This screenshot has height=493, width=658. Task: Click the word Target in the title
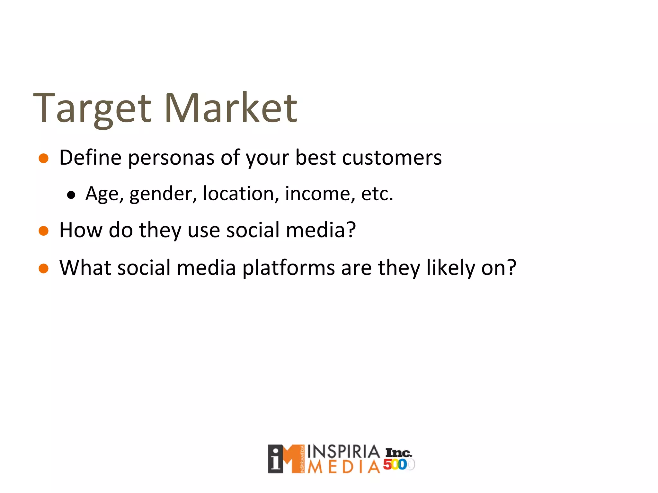(92, 109)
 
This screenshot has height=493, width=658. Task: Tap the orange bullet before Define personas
(43, 158)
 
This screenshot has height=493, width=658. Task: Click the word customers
(392, 158)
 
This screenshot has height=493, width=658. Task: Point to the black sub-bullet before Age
(71, 195)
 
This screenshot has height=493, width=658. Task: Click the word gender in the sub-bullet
(163, 194)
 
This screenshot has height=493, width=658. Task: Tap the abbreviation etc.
(377, 194)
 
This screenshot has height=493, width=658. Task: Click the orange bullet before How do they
(43, 231)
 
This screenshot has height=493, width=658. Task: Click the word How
(81, 230)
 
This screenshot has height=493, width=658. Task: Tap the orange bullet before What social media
(43, 268)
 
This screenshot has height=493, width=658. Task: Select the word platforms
(288, 268)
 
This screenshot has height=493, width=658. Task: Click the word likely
(450, 268)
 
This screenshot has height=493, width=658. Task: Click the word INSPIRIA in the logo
(343, 452)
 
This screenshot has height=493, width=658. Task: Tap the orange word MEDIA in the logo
(343, 467)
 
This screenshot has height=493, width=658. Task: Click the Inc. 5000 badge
(398, 459)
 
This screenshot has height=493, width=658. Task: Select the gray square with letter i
(276, 459)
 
